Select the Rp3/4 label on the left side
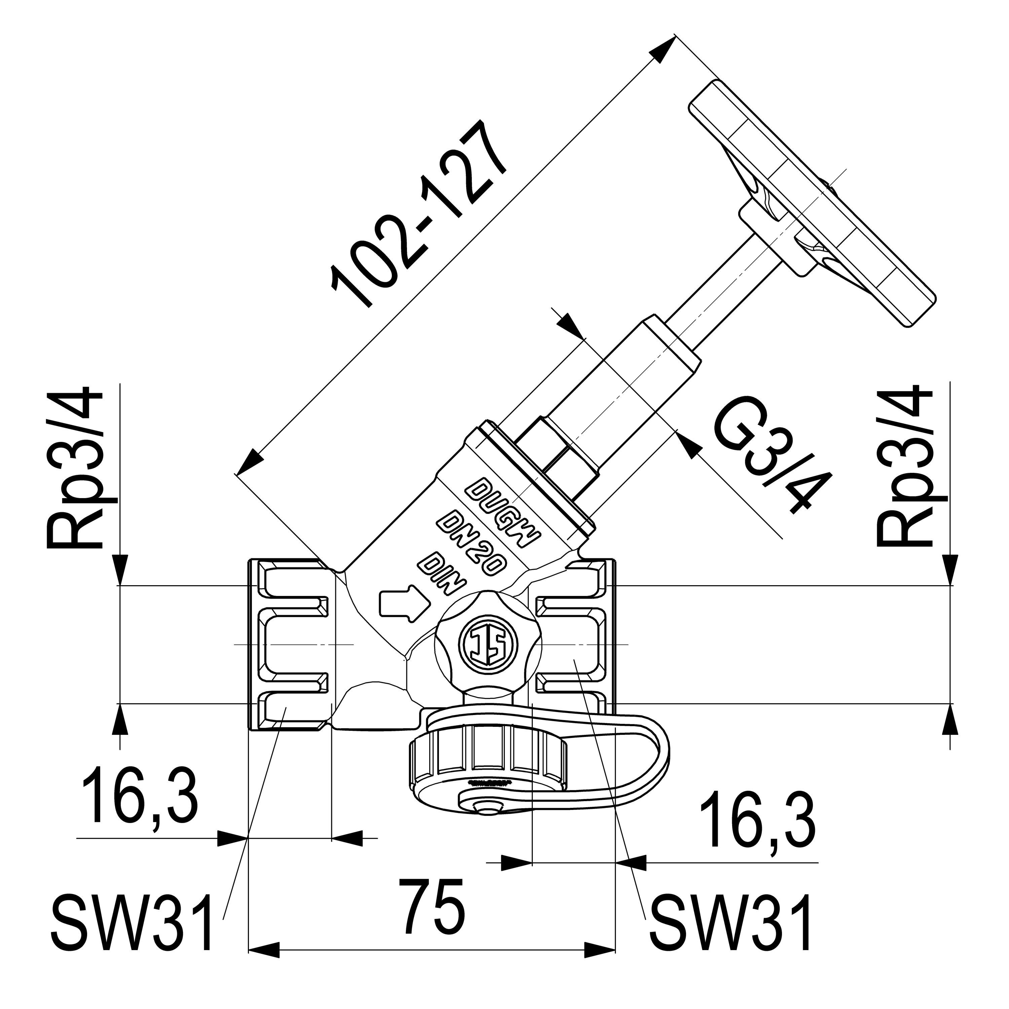pyautogui.click(x=76, y=468)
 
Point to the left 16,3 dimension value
pyautogui.click(x=140, y=799)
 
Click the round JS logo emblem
pyautogui.click(x=487, y=645)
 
